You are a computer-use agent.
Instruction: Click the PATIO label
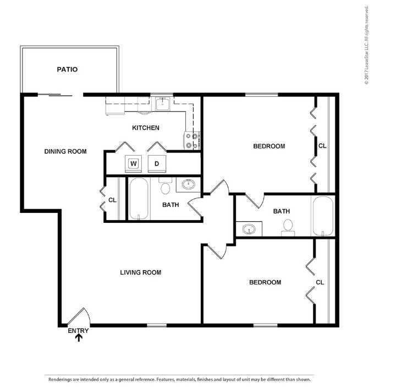[x=67, y=69]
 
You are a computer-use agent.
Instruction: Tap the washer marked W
[x=133, y=164]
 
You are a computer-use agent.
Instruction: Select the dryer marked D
[x=157, y=164]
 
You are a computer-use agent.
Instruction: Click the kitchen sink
[x=162, y=103]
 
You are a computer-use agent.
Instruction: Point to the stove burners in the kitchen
[x=192, y=141]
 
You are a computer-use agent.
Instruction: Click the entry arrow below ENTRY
[x=79, y=338]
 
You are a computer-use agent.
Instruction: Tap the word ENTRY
[x=78, y=331]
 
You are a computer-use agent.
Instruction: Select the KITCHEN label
[x=146, y=128]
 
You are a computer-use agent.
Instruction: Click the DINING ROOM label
[x=65, y=151]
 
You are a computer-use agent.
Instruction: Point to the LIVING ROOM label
[x=141, y=272]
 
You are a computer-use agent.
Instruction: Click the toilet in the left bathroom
[x=166, y=185]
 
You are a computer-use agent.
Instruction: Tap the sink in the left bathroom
[x=189, y=184]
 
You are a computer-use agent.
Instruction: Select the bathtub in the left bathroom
[x=139, y=199]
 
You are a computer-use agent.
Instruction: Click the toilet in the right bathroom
[x=288, y=228]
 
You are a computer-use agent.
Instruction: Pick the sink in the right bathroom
[x=249, y=229]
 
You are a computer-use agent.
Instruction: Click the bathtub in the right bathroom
[x=323, y=216]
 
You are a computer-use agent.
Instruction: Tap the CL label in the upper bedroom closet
[x=322, y=146]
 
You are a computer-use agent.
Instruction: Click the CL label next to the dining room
[x=112, y=200]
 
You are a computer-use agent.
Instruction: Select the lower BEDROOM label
[x=265, y=282]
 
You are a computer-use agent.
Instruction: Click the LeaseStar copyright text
[x=367, y=45]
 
